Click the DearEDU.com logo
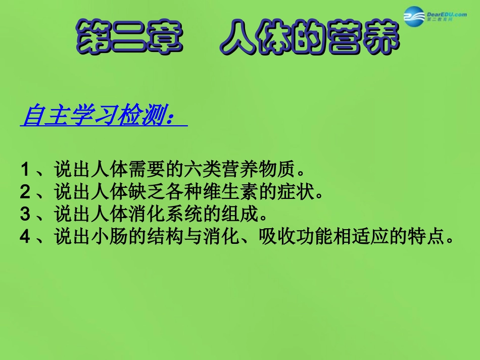[x=435, y=19]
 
